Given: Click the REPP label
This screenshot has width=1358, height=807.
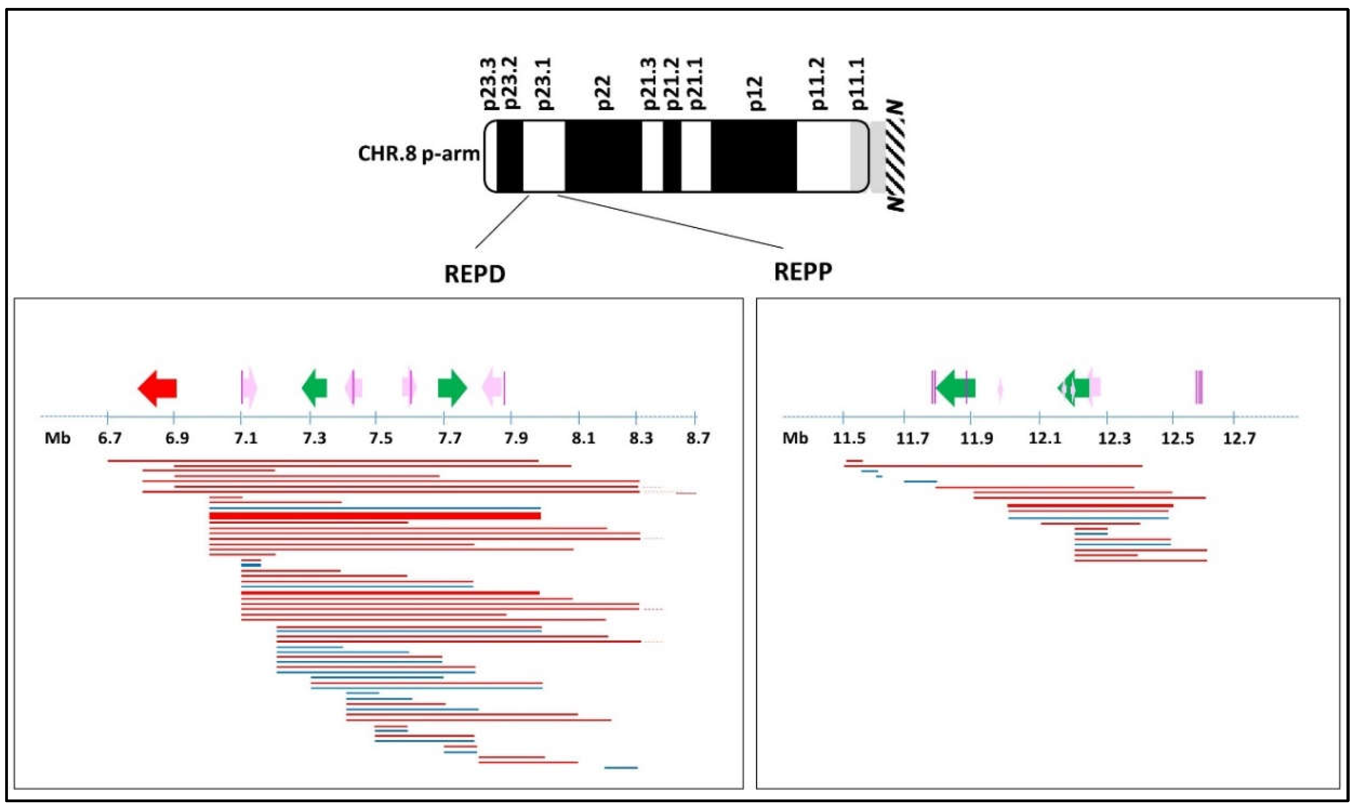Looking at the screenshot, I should [x=803, y=271].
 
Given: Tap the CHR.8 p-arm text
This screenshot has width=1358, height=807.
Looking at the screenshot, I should [x=418, y=154].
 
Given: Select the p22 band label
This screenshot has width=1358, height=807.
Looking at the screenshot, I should [x=604, y=92].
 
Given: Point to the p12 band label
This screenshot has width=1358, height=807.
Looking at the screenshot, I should [x=756, y=94].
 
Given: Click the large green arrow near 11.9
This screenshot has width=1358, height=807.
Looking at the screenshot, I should [x=956, y=388].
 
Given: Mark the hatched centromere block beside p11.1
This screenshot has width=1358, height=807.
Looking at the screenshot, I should [x=894, y=157].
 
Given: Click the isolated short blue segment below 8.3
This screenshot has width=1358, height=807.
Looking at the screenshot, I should [x=621, y=768].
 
